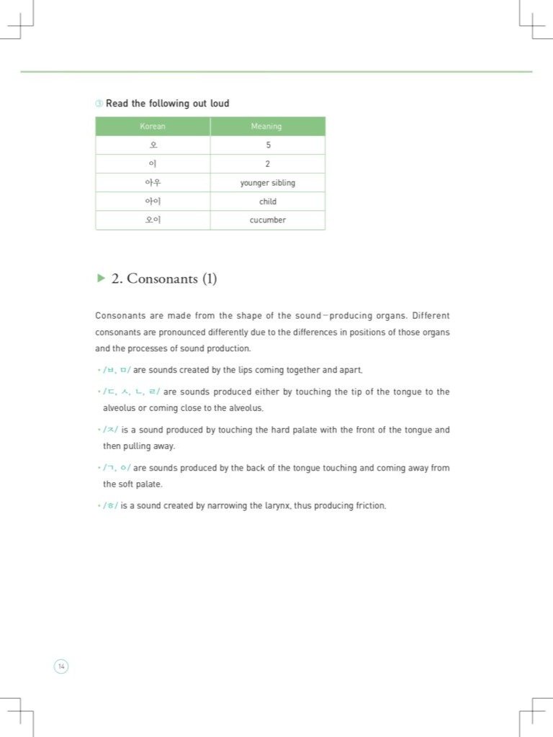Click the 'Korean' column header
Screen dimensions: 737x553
[x=153, y=127]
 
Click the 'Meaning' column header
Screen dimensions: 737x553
[x=266, y=127]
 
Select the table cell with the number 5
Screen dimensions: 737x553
[x=268, y=145]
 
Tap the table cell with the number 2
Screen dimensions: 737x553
[x=268, y=164]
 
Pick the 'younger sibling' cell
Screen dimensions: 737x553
[x=268, y=183]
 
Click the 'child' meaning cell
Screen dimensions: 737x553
[x=268, y=202]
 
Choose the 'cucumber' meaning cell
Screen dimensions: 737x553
[x=268, y=220]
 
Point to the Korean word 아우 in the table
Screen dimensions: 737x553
[x=153, y=183]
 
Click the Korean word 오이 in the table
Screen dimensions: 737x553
[x=153, y=220]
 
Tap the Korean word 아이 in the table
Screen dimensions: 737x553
[x=153, y=202]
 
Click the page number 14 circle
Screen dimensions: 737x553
[x=61, y=666]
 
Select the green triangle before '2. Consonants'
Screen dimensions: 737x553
[x=101, y=278]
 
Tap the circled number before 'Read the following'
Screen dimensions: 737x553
[x=99, y=104]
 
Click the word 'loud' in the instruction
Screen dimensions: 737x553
[x=220, y=104]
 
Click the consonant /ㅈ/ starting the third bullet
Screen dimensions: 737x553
[x=110, y=430]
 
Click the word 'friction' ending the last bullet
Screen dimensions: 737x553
[x=370, y=506]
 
